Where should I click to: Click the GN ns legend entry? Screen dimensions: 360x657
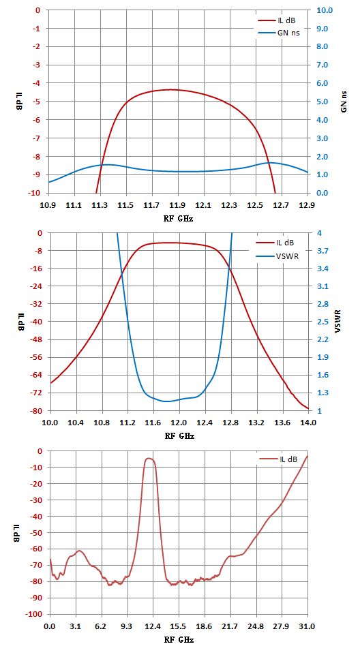279,32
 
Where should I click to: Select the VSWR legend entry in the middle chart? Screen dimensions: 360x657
277,256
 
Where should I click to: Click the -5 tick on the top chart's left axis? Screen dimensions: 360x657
39,102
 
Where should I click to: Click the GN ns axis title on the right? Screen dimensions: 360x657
344,102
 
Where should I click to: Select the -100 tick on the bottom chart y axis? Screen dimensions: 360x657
35,614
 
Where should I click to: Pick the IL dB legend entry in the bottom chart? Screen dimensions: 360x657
278,459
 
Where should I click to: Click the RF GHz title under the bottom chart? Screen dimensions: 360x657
179,640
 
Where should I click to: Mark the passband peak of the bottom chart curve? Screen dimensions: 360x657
149,458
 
